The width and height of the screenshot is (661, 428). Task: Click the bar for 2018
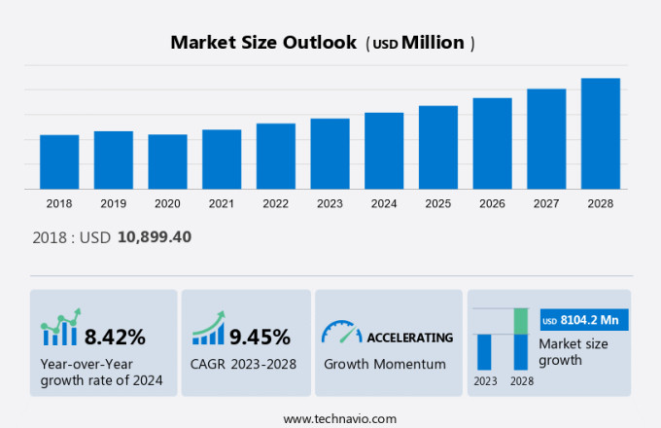59,161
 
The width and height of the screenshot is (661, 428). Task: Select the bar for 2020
167,161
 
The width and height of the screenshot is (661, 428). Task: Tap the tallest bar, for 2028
601,133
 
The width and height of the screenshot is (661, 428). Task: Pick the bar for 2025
438,147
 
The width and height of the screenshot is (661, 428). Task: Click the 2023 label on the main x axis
330,203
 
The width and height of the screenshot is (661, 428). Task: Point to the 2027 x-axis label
546,203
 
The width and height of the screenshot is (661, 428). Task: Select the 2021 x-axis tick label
221,203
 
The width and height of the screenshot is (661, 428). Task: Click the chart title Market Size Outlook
262,43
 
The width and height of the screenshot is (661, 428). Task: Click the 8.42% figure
115,338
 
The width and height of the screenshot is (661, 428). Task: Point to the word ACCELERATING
409,338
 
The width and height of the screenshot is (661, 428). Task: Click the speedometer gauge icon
340,334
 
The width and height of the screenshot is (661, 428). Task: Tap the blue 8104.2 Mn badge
584,320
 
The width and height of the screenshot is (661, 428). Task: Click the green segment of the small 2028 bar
520,320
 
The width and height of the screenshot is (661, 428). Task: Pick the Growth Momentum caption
384,364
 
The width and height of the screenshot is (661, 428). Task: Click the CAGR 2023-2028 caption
244,364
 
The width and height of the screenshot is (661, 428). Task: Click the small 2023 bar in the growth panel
484,351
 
